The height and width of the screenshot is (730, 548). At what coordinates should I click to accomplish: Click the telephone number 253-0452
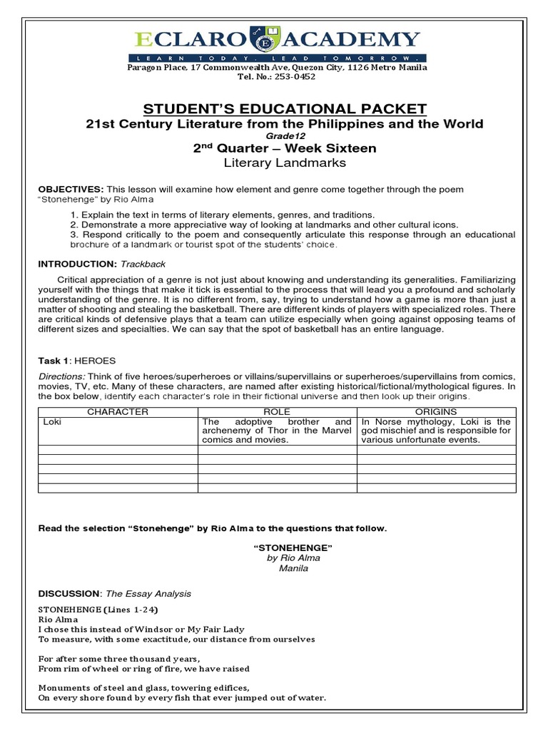pyautogui.click(x=295, y=77)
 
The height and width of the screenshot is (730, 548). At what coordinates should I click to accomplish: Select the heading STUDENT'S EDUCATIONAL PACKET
pyautogui.click(x=285, y=108)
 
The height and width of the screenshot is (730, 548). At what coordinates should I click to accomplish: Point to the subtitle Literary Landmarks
pyautogui.click(x=285, y=163)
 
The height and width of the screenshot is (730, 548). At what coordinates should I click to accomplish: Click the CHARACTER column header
pyautogui.click(x=117, y=411)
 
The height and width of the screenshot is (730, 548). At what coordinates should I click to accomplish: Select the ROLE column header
pyautogui.click(x=277, y=411)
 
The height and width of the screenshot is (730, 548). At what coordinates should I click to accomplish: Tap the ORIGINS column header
pyautogui.click(x=436, y=411)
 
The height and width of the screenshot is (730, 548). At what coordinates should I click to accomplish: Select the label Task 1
pyautogui.click(x=54, y=361)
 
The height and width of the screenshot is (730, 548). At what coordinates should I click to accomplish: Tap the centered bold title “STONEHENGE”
pyautogui.click(x=283, y=547)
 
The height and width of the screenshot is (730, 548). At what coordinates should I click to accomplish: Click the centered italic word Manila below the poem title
pyautogui.click(x=283, y=569)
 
